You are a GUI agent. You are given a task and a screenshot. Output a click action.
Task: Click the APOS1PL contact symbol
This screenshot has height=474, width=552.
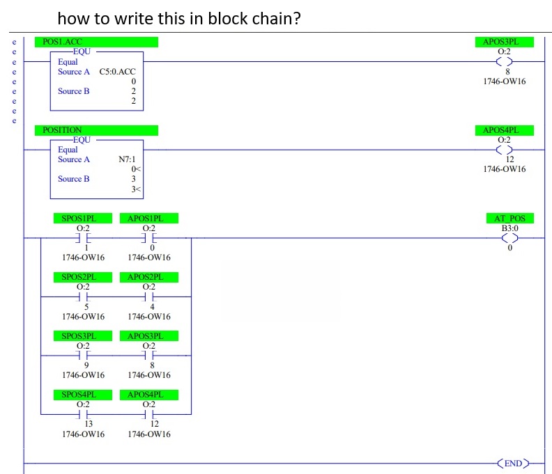149,238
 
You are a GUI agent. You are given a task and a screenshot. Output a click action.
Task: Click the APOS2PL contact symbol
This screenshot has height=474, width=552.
149,297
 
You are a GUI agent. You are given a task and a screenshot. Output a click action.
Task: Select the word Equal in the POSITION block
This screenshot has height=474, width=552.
68,150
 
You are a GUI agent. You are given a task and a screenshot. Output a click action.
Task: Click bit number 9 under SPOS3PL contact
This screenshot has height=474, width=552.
86,365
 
